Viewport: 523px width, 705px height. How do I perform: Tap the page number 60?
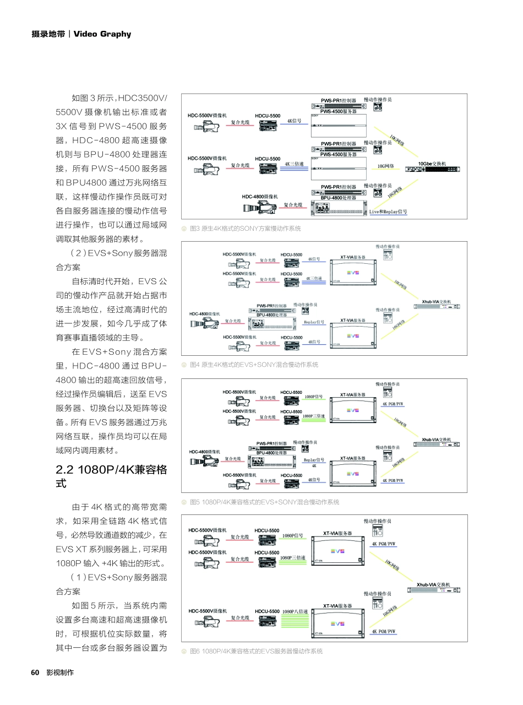coord(35,673)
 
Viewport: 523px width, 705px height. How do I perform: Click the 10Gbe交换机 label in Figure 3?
coord(432,164)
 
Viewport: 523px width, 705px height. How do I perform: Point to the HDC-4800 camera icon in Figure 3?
coord(259,208)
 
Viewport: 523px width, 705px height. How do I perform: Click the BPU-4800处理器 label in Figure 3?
coord(339,197)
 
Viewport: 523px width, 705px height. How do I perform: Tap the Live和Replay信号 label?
coord(388,211)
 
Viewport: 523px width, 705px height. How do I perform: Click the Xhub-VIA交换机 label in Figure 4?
coord(437,302)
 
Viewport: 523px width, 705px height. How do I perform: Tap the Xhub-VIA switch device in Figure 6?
coord(434,590)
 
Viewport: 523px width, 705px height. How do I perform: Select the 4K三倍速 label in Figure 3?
coord(295,164)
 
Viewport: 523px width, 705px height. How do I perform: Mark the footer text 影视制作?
coord(60,673)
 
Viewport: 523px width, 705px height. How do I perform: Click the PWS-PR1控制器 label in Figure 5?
coord(271,443)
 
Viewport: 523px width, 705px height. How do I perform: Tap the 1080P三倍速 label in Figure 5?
coord(314,416)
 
